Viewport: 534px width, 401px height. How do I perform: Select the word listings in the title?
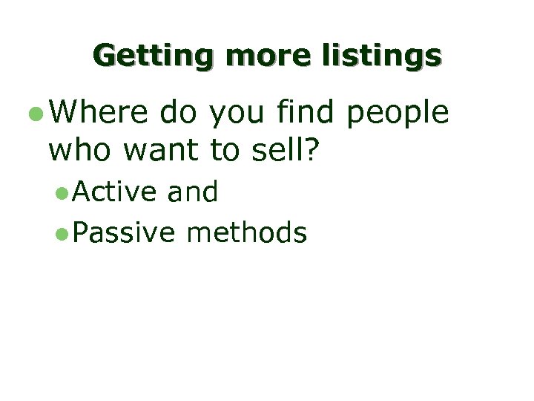[x=382, y=56]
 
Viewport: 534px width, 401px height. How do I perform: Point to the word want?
[x=162, y=151]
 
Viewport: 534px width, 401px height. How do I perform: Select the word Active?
[x=115, y=192]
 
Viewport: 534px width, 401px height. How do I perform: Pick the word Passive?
[x=125, y=233]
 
